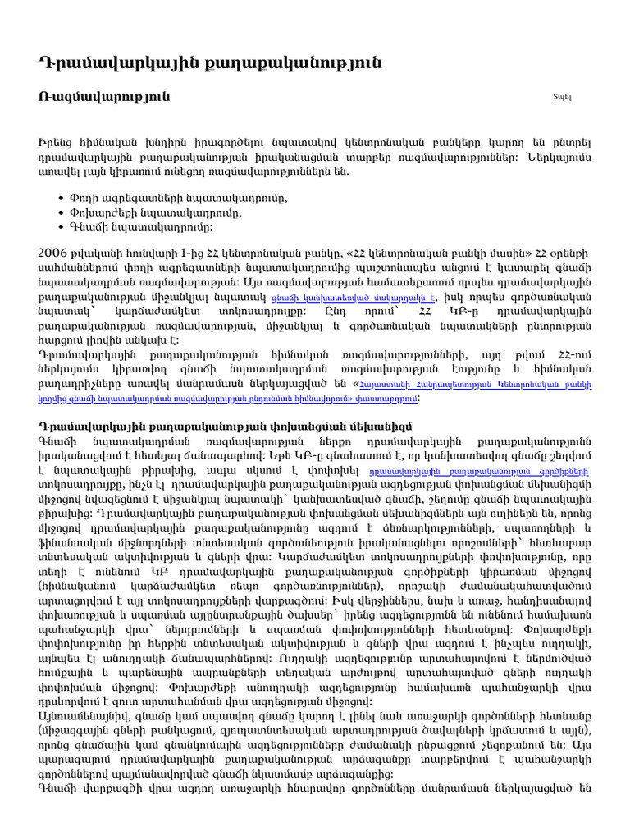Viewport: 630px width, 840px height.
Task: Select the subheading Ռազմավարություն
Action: [105, 97]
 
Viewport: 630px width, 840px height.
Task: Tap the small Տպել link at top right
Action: [562, 98]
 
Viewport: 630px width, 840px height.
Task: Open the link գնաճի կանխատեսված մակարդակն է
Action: [363, 298]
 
